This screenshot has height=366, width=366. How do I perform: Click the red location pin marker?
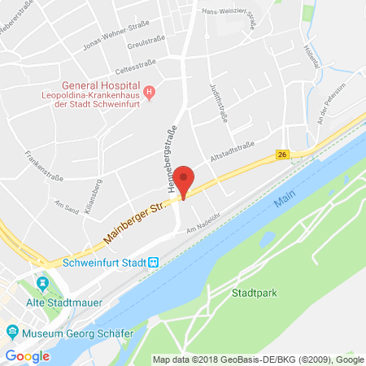coord(185,181)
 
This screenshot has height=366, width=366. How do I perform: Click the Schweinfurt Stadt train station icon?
coord(153,263)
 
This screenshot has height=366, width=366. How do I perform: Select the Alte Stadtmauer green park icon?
coord(41,284)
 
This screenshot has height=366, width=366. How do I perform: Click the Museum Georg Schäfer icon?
coord(12,332)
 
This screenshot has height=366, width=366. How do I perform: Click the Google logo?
coord(27,355)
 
